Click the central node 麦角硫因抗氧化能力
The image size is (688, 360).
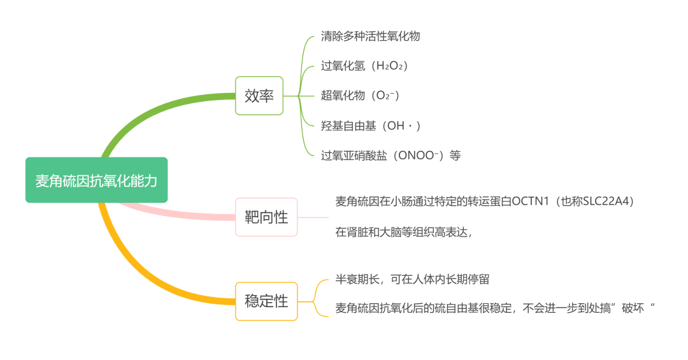(x=96, y=180)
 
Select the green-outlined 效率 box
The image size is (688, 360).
(x=259, y=96)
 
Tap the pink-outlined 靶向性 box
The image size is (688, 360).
(x=266, y=217)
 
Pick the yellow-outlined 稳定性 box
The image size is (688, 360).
(x=266, y=301)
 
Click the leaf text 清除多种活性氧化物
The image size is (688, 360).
(x=370, y=36)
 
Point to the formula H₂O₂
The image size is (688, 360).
(x=391, y=66)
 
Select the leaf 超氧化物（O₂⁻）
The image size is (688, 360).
(x=360, y=96)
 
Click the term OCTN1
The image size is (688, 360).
(x=532, y=201)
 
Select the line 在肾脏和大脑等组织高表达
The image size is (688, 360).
(x=404, y=232)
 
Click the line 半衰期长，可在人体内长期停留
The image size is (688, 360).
(x=412, y=280)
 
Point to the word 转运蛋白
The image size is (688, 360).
(x=490, y=201)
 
